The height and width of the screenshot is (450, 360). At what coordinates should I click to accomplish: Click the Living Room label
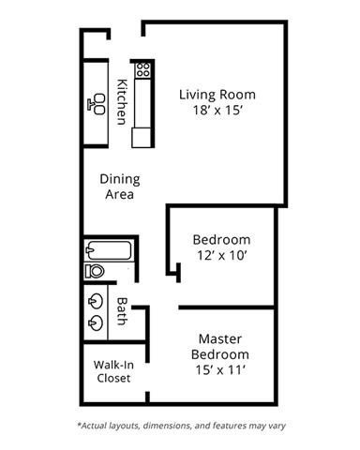[217, 95]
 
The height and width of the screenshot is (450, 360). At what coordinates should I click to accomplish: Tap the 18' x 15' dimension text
[217, 110]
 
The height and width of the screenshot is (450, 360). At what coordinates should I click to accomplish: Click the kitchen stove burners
[143, 69]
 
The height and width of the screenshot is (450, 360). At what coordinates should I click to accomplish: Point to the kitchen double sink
[97, 103]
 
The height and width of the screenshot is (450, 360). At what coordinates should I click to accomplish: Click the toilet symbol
[95, 270]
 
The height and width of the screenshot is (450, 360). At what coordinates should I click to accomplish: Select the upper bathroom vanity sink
[97, 302]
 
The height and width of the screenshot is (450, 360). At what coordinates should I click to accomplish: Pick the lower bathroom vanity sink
[97, 323]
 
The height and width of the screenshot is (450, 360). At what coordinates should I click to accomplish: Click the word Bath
[122, 311]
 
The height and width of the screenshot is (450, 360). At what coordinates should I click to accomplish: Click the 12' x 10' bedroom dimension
[222, 254]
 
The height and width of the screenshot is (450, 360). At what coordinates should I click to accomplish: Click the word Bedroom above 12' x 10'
[222, 239]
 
